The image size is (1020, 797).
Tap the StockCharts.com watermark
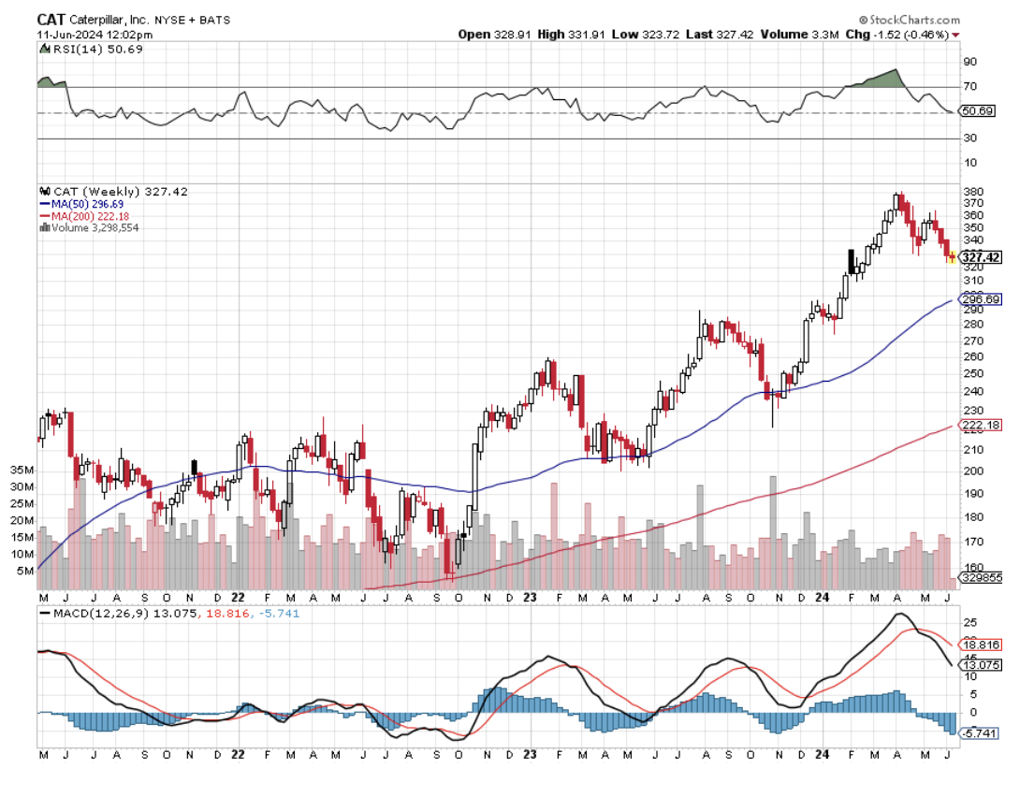coord(908,20)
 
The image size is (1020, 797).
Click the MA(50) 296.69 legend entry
coord(88,203)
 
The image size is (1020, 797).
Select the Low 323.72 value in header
coord(641,35)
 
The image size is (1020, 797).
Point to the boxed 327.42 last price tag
coord(981,257)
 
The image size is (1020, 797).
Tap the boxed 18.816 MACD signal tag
coord(982,645)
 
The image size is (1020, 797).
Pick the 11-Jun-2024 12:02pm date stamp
coord(82,35)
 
